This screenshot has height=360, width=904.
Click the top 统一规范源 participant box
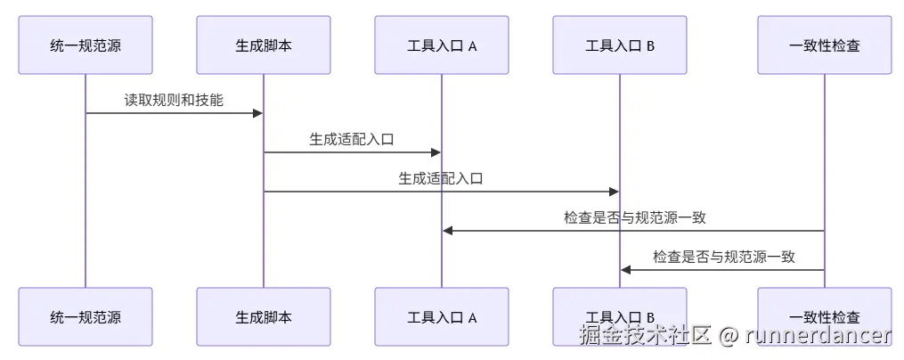[x=86, y=45]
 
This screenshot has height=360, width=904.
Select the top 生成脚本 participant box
[x=264, y=45]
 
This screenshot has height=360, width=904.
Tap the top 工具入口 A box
[x=442, y=45]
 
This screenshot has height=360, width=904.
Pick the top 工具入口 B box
[x=620, y=45]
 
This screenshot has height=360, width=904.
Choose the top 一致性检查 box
[x=825, y=45]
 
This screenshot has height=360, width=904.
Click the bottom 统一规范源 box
[x=86, y=316]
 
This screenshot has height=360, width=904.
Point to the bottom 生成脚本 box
[x=264, y=316]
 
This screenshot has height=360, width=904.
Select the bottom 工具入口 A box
[x=442, y=316]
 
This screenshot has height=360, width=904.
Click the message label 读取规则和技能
[x=174, y=100]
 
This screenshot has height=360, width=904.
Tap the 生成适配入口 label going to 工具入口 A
[x=353, y=139]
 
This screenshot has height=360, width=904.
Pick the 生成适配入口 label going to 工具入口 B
[x=441, y=178]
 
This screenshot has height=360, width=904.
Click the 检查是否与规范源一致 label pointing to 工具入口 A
[x=635, y=217]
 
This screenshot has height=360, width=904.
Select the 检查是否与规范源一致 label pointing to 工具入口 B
[x=724, y=257]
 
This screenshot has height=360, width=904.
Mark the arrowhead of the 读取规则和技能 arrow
[x=257, y=113]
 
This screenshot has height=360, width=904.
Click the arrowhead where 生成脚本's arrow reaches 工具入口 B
[x=614, y=192]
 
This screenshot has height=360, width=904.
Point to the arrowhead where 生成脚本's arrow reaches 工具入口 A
[x=436, y=152]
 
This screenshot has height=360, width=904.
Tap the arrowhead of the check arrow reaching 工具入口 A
[x=448, y=231]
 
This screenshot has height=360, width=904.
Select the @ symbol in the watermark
[x=729, y=335]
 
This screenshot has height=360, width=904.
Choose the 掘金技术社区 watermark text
[x=646, y=335]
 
